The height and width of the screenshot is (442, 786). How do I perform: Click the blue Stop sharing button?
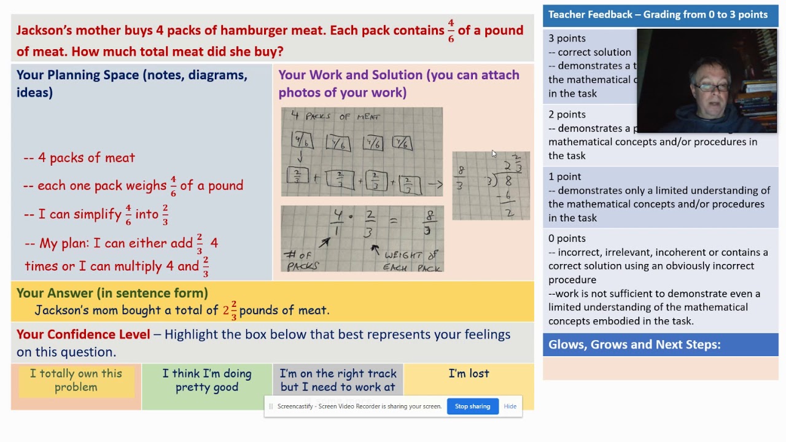(472, 406)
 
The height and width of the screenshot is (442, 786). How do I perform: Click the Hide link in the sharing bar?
(510, 406)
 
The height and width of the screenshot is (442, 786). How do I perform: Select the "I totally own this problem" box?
(76, 381)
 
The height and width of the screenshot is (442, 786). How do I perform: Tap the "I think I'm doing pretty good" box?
(207, 381)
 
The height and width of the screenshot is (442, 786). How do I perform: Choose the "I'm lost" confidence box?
(469, 374)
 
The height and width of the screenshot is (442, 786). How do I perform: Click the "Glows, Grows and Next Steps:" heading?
(634, 344)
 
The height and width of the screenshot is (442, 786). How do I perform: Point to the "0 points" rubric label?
(567, 238)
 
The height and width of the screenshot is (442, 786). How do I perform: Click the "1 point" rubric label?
(564, 177)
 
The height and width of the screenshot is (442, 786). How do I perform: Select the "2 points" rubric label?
(567, 115)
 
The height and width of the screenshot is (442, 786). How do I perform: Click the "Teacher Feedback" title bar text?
(658, 15)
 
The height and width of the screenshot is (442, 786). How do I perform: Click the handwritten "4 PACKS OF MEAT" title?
(335, 117)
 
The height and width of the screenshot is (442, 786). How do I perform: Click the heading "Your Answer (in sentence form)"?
(112, 293)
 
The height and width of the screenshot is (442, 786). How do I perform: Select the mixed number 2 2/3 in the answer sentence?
(230, 310)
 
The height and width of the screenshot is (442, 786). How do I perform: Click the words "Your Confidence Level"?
(84, 335)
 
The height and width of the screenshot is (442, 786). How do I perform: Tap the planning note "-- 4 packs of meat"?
(79, 158)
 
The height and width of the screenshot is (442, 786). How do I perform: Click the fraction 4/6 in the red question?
(451, 30)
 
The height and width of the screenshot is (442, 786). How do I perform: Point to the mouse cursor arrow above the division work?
(493, 154)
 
